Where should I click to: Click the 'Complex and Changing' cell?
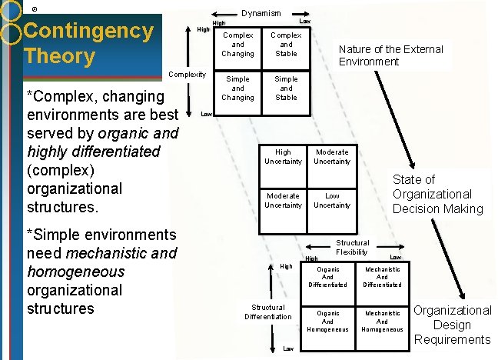[x=237, y=45]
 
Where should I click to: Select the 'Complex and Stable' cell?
[x=286, y=45]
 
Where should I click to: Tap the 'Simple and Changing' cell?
[x=237, y=88]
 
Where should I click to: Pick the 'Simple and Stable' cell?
[x=286, y=88]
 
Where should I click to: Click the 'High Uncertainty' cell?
[x=283, y=157]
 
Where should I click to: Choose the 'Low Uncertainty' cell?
[x=332, y=201]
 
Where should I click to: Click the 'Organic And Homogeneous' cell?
[x=328, y=322]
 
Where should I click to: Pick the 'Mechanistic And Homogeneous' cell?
[x=382, y=322]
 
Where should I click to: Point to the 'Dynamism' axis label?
[x=261, y=13]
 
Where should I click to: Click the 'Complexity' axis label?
[x=188, y=74]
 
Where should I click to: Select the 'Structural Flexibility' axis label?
[x=352, y=248]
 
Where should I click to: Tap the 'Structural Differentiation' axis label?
[x=268, y=312]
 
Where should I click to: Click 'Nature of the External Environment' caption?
[x=391, y=55]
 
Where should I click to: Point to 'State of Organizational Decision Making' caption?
[x=437, y=194]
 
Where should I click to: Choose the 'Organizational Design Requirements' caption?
[x=453, y=325]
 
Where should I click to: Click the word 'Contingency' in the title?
[x=89, y=32]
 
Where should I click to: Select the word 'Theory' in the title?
[x=59, y=56]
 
